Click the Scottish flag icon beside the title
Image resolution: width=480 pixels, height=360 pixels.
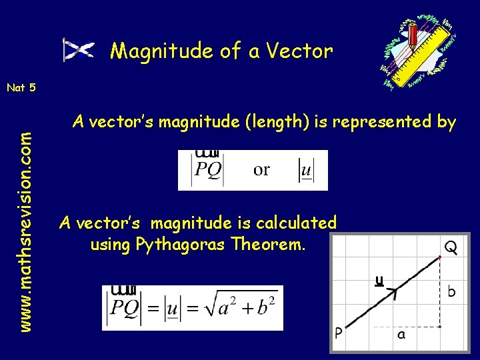[78, 50]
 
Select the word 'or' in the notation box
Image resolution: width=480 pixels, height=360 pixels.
[262, 169]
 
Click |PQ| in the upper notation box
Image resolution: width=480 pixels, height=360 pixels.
[207, 171]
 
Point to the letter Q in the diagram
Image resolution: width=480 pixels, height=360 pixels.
[451, 247]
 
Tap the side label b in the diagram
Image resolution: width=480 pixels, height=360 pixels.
[452, 292]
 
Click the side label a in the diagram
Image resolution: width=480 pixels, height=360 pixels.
[401, 335]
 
